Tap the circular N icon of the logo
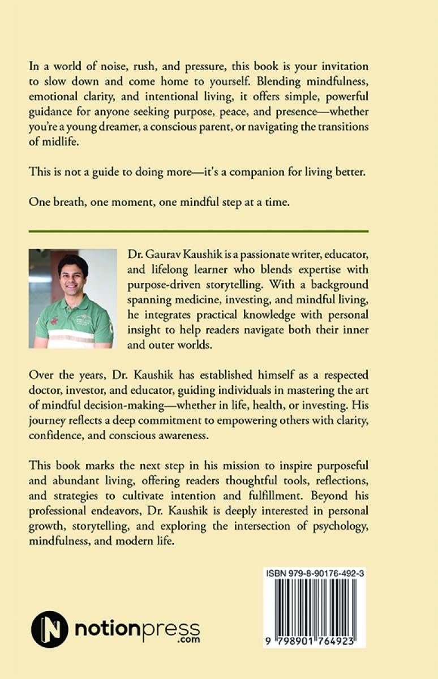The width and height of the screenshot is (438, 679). [x=50, y=629]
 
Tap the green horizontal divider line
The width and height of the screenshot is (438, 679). [x=219, y=231]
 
